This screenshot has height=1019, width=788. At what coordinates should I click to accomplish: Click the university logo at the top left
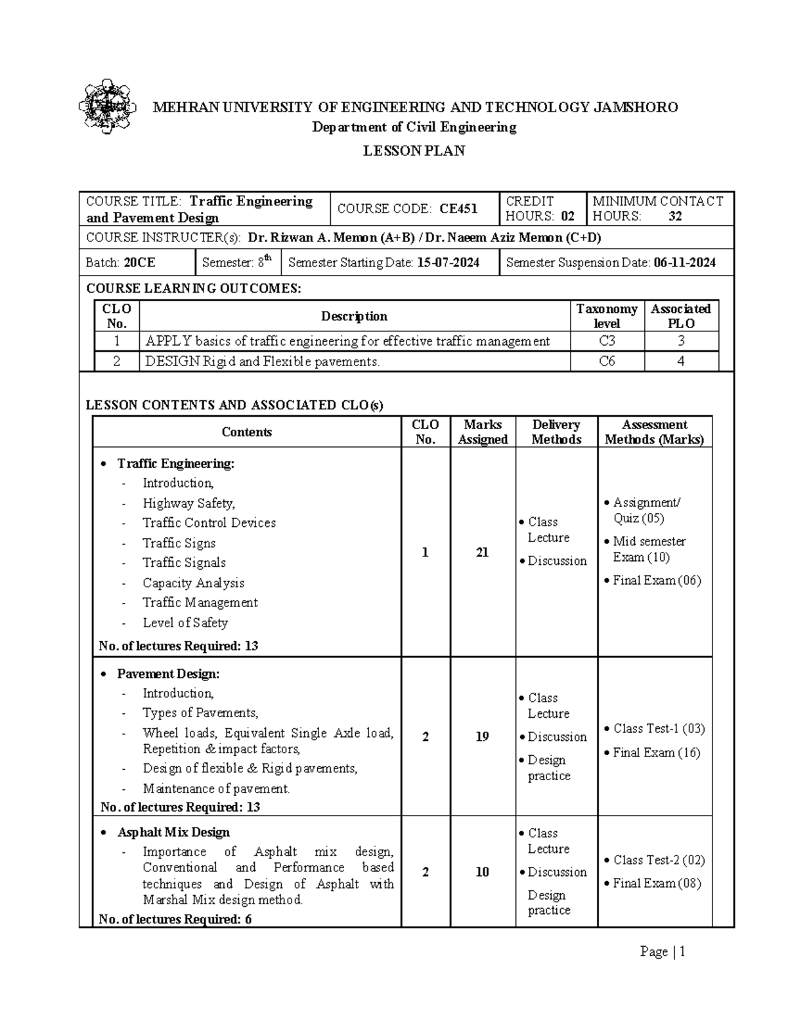click(x=107, y=106)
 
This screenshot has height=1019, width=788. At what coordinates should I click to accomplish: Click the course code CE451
click(x=458, y=209)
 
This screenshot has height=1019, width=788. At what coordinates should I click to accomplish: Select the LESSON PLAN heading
click(x=414, y=151)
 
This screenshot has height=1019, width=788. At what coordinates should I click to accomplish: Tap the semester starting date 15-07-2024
click(x=449, y=262)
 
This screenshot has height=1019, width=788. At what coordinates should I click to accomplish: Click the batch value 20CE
click(x=139, y=262)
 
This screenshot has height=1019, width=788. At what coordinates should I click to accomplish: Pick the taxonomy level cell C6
click(x=607, y=361)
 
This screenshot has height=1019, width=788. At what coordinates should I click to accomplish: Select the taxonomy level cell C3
click(x=607, y=341)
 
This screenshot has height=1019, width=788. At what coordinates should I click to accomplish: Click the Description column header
click(x=354, y=316)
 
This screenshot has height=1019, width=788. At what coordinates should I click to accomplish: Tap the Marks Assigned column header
click(x=483, y=432)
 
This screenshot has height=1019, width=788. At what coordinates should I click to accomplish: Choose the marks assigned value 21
click(x=483, y=552)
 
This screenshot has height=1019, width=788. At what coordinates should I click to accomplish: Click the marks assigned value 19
click(x=483, y=737)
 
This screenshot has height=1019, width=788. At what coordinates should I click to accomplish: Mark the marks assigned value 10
click(x=483, y=872)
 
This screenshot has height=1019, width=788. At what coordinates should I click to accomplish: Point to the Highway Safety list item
click(x=188, y=503)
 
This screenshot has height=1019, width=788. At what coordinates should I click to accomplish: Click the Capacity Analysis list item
click(x=193, y=583)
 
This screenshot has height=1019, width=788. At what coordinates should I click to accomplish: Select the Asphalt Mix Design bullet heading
click(x=173, y=832)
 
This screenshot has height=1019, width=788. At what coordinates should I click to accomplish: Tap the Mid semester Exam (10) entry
click(x=648, y=549)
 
